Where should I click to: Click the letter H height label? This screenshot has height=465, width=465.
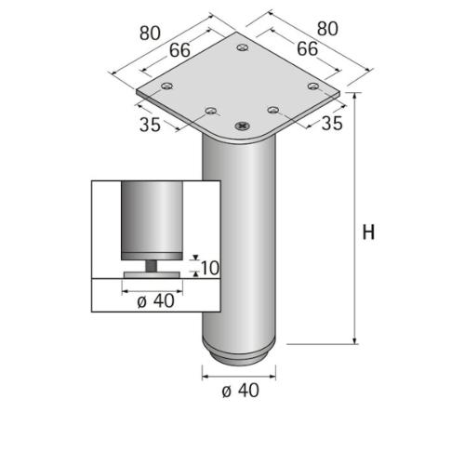click(x=368, y=232)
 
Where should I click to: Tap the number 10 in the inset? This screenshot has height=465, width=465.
click(x=209, y=268)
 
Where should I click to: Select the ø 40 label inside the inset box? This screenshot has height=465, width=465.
click(x=150, y=299)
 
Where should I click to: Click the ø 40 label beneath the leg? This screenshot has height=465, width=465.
click(x=240, y=392)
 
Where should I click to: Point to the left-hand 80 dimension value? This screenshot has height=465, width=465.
click(x=151, y=33)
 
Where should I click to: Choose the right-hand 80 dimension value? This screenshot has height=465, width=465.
click(x=326, y=28)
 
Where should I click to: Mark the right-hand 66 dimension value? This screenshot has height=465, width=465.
click(x=306, y=46)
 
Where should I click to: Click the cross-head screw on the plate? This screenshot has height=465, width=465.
click(x=244, y=126)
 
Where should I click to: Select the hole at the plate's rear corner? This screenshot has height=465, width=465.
click(x=243, y=47)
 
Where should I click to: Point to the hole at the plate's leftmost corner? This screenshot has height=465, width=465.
click(x=167, y=86)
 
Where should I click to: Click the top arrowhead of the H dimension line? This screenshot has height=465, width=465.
click(x=354, y=95)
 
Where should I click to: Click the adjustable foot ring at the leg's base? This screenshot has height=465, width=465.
click(x=239, y=353)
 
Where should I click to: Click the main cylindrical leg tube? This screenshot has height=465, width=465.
click(x=239, y=242)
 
